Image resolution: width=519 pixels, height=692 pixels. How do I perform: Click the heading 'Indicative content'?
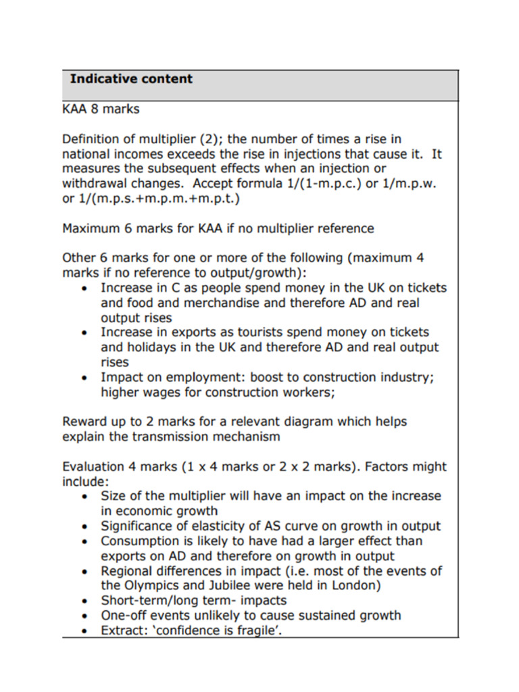coord(131,79)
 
